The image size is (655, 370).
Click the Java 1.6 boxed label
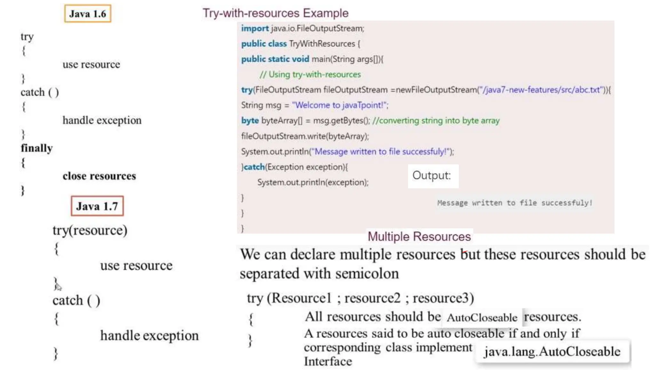point(88,14)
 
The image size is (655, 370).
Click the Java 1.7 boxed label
point(97,206)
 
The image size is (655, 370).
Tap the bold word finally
point(37,148)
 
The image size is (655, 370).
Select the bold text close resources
point(99,176)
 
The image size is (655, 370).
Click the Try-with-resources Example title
point(275,13)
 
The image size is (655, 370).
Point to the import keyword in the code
point(255,28)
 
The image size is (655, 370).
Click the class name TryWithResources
point(322,44)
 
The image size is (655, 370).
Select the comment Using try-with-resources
point(310,74)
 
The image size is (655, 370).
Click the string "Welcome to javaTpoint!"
point(340,105)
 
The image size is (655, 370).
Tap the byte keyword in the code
point(250,120)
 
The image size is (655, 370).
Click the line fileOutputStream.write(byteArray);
point(305,136)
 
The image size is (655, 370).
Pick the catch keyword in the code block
point(254,167)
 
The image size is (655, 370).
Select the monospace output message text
point(515,203)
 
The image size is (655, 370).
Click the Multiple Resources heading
point(419,237)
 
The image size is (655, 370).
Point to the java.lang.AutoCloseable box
point(552,351)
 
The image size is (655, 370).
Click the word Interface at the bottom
point(328,361)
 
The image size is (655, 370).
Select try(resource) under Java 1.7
point(90,230)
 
